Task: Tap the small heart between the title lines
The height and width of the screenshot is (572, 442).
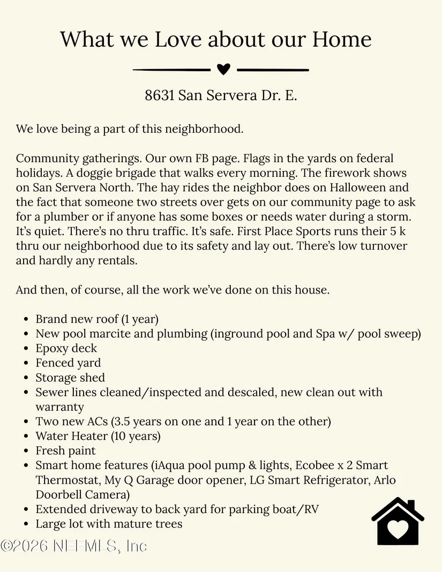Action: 223,69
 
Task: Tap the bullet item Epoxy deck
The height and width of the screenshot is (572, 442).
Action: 66,348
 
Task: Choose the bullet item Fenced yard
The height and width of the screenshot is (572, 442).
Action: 68,363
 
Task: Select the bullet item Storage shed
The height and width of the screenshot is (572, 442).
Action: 70,378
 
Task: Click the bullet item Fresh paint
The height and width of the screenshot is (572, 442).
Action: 65,451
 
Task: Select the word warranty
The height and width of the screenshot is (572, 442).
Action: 60,407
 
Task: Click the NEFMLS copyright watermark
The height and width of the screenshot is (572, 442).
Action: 73,546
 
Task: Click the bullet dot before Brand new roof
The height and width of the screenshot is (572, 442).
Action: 26,320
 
